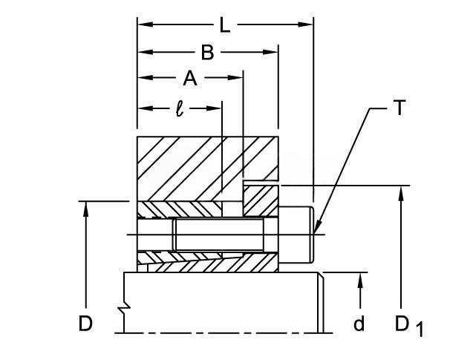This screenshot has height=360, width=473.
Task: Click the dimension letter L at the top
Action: click(225, 25)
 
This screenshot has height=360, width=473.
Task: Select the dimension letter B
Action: click(208, 53)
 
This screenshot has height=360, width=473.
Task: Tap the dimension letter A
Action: click(190, 78)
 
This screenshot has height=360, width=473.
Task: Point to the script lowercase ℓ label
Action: click(180, 108)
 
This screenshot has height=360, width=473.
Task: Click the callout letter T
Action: click(399, 108)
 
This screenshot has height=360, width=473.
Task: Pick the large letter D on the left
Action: click(85, 324)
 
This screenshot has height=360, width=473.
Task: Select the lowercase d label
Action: click(359, 323)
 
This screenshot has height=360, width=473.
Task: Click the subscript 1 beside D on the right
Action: click(420, 330)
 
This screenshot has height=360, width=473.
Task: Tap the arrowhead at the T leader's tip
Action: click(317, 228)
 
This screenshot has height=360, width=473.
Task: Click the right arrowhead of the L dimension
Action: click(306, 24)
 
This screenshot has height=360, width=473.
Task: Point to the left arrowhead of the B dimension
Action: click(145, 52)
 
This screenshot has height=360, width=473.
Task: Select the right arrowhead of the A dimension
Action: click(235, 78)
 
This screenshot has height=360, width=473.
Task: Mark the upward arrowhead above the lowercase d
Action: click(359, 280)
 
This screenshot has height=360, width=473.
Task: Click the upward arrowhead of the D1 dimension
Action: click(401, 194)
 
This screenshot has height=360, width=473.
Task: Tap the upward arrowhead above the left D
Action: click(86, 209)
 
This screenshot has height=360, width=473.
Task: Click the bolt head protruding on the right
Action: click(296, 235)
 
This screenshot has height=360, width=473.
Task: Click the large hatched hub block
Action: click(208, 168)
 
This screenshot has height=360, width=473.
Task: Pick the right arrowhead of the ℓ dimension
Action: click(215, 108)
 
